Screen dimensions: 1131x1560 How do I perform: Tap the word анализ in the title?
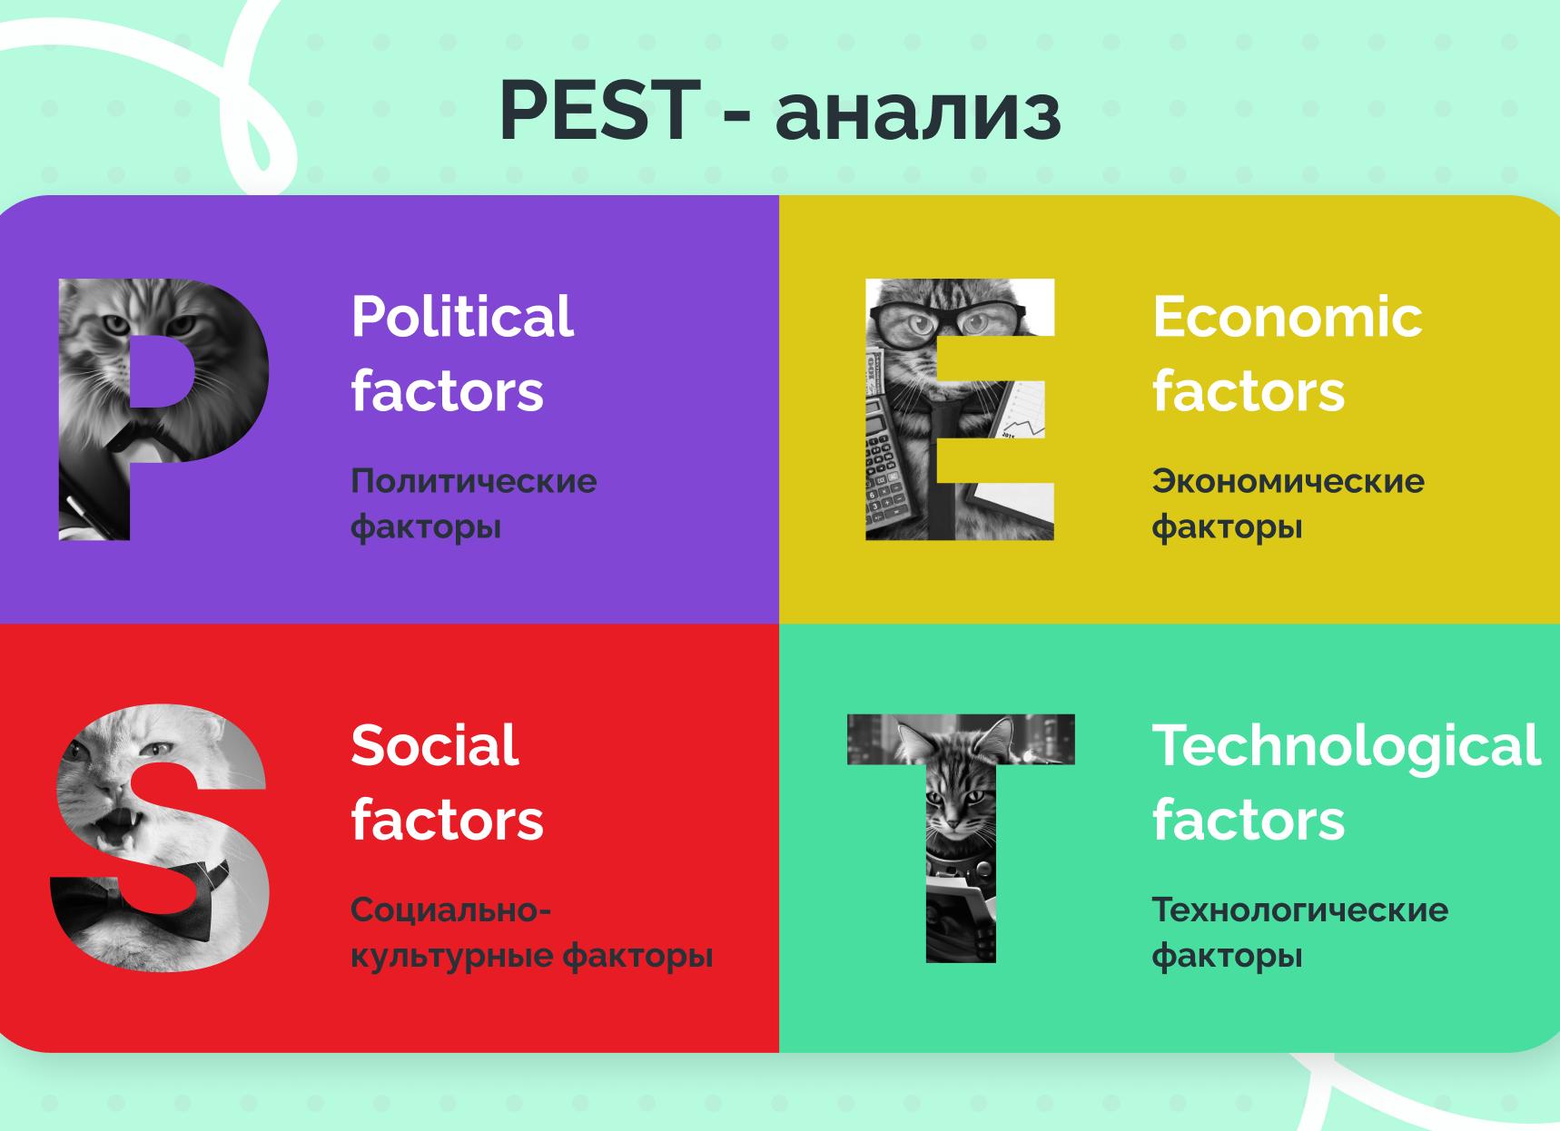(917, 113)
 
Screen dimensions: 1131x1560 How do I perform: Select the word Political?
(461, 317)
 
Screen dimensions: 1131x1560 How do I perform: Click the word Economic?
(1287, 317)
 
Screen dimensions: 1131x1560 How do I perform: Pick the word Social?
(434, 745)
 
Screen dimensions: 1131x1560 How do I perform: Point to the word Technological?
(1346, 745)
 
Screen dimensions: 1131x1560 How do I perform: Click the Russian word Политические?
(473, 481)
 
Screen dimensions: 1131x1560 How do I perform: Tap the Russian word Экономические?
(1288, 481)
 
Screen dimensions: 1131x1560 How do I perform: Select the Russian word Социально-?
(450, 910)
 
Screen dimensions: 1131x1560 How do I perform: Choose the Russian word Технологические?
(1299, 910)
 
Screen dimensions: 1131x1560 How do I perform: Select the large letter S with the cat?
(159, 840)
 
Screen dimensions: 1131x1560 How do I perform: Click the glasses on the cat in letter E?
(949, 319)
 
